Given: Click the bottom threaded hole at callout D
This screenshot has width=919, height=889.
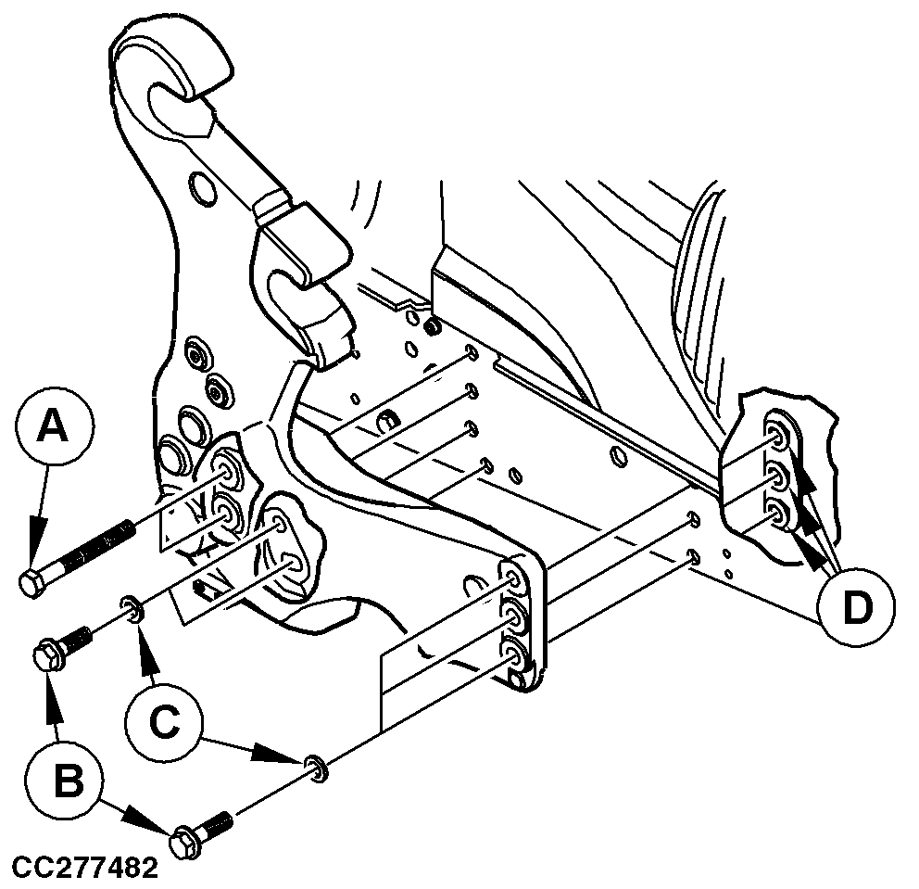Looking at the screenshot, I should (778, 514).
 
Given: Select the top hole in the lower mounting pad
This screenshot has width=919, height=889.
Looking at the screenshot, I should (513, 581).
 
